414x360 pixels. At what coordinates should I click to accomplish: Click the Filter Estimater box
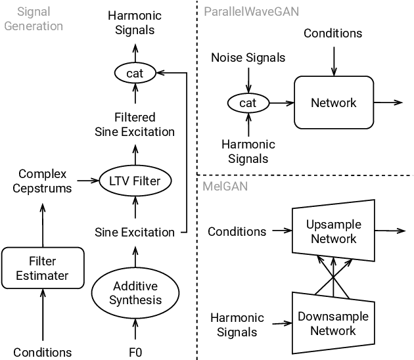coord(43,268)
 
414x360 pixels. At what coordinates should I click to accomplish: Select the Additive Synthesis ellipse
coord(135,293)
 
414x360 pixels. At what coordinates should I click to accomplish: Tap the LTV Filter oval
coord(135,179)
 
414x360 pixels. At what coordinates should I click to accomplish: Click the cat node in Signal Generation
coord(135,74)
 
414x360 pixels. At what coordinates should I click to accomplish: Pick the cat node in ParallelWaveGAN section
coord(248,103)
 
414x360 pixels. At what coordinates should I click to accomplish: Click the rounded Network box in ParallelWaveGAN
coord(333,102)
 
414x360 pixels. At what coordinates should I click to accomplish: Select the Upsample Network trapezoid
coord(333,232)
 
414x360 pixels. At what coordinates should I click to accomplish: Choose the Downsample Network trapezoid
coord(333,323)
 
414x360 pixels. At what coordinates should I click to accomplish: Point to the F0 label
coord(135,352)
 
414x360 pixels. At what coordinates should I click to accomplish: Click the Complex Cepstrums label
coord(43,181)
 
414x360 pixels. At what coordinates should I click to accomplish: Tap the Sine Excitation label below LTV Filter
coord(135,232)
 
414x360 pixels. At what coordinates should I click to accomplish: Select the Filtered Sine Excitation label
coord(135,124)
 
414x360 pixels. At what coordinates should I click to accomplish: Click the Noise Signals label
coord(248,58)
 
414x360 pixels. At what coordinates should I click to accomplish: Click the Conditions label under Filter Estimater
coord(43,352)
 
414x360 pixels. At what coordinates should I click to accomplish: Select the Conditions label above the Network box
coord(333,32)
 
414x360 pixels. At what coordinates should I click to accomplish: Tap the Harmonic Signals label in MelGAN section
coord(237,325)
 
